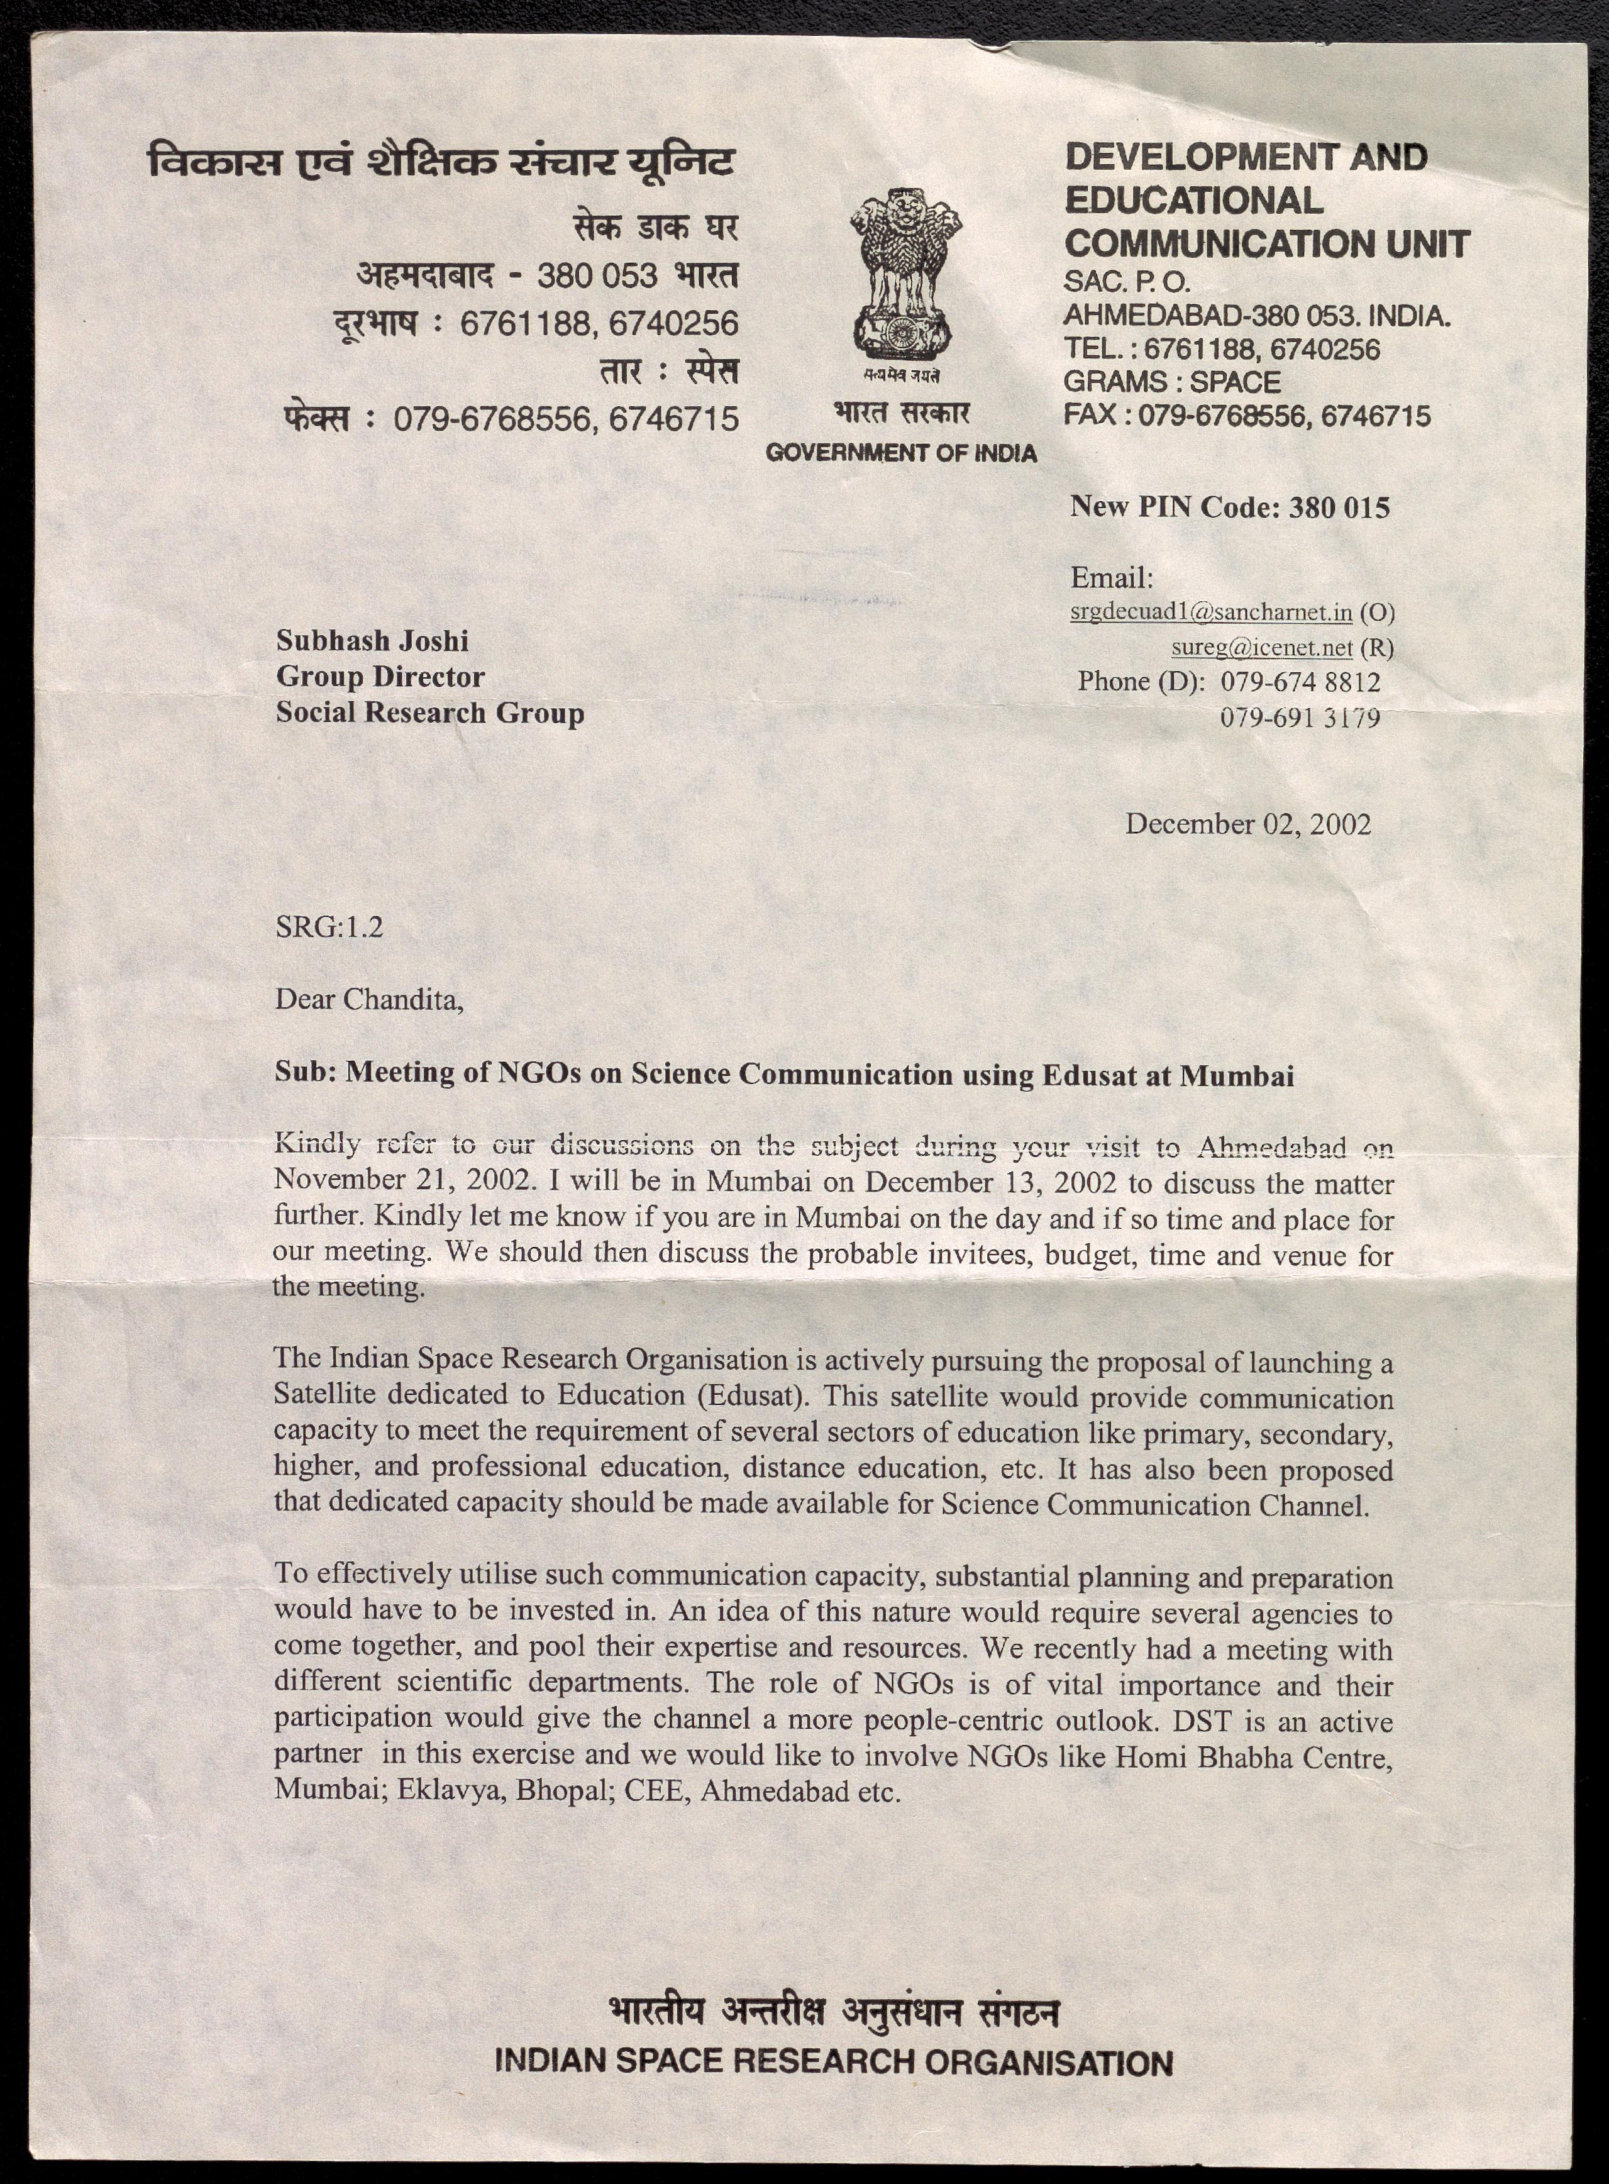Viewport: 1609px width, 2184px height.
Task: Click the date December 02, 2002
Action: (x=1247, y=824)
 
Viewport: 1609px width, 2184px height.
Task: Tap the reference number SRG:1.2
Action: (x=329, y=926)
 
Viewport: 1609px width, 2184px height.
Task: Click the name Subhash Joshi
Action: (x=372, y=641)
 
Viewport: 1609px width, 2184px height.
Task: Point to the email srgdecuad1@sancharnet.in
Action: (x=1210, y=612)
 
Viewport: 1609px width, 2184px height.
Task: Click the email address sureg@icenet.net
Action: (x=1261, y=647)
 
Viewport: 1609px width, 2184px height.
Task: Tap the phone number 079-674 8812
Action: (x=1300, y=682)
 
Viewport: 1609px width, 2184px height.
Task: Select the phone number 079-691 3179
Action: (x=1300, y=718)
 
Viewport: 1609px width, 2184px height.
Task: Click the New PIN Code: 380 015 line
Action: (x=1229, y=507)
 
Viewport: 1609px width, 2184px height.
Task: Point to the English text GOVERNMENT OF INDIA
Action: (x=901, y=453)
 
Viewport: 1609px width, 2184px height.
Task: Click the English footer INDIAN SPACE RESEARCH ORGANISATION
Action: (x=834, y=2061)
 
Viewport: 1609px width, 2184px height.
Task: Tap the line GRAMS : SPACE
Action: (x=1171, y=382)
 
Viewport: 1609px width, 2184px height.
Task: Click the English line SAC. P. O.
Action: (x=1126, y=282)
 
